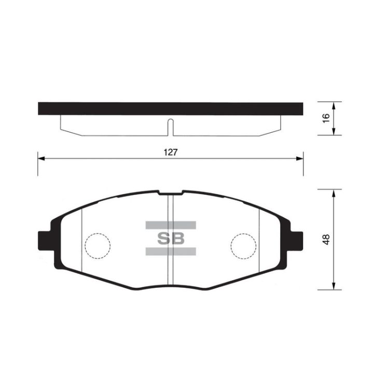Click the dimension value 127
click(171, 152)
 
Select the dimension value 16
click(326, 118)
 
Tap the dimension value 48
click(326, 240)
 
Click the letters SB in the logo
click(171, 239)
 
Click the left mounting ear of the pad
click(45, 241)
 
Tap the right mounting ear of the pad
click(296, 241)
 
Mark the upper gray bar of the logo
click(171, 225)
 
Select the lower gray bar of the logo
click(171, 252)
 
